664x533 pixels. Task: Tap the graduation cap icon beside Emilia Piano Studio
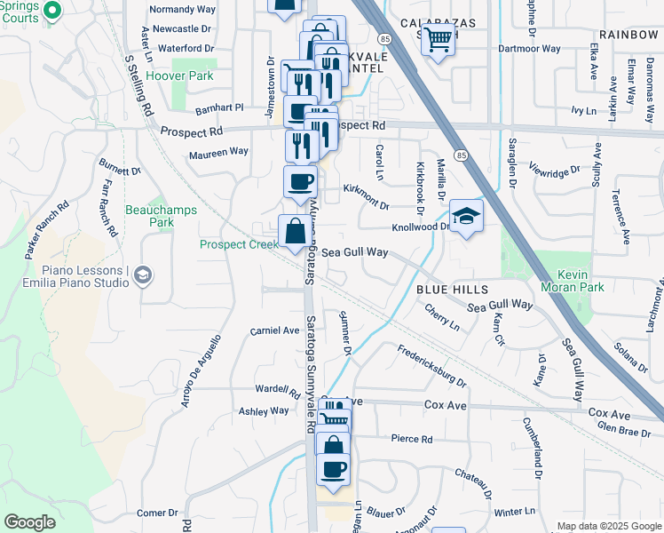[142, 276]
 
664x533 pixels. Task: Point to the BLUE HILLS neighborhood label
[452, 290]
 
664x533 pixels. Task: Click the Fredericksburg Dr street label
[431, 365]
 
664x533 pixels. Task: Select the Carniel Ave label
[274, 330]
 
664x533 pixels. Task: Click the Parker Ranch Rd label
[47, 227]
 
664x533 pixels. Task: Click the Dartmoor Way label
[529, 49]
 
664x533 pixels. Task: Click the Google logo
[29, 522]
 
